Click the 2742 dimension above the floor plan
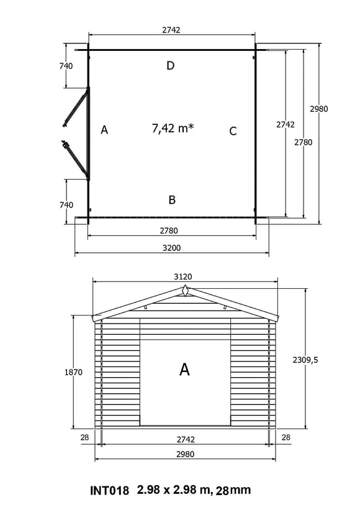(172, 30)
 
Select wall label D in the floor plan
(170, 66)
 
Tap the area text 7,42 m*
(173, 128)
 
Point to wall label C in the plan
(233, 131)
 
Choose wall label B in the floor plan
(172, 199)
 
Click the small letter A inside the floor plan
(104, 130)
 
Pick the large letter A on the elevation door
(184, 370)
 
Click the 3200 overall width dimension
(172, 248)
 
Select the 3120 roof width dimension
(185, 276)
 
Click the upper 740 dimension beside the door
(66, 66)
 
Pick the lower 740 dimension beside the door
(66, 204)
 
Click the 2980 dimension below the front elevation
(185, 453)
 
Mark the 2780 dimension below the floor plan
(172, 230)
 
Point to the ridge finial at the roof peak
(185, 291)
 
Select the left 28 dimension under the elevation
(84, 437)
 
